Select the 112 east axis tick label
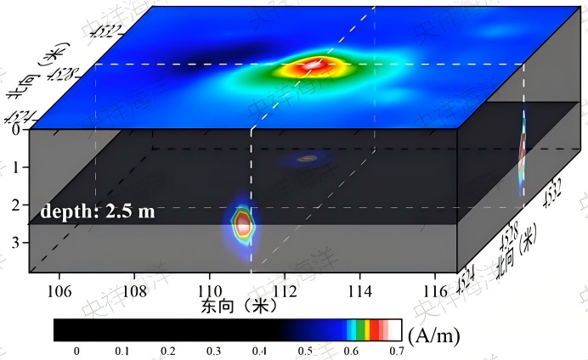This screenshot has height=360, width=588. (284, 288)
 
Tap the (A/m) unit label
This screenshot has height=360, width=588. (435, 335)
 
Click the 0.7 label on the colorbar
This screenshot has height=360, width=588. (395, 350)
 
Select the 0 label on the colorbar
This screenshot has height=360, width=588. (76, 350)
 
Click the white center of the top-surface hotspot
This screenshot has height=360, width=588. (313, 65)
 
